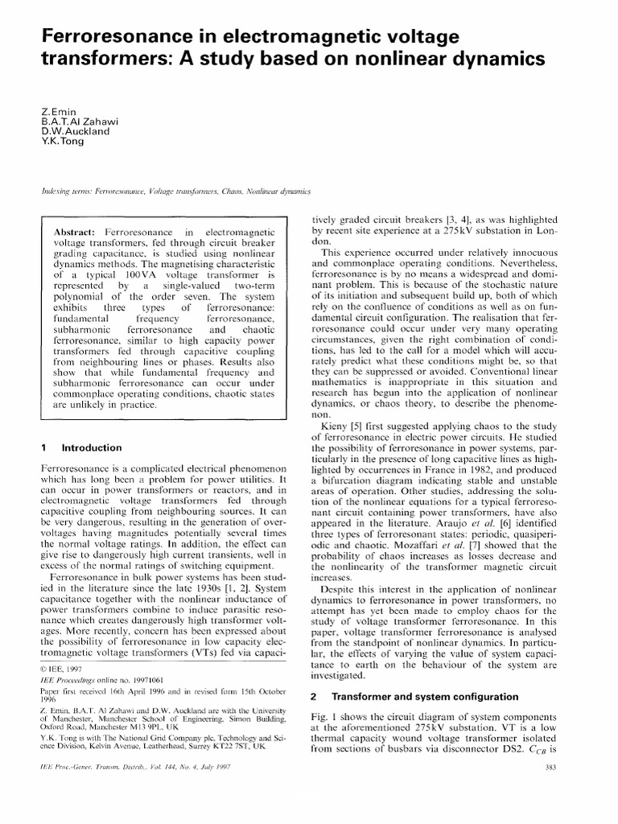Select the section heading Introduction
click(x=92, y=447)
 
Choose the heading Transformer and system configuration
click(x=439, y=695)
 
